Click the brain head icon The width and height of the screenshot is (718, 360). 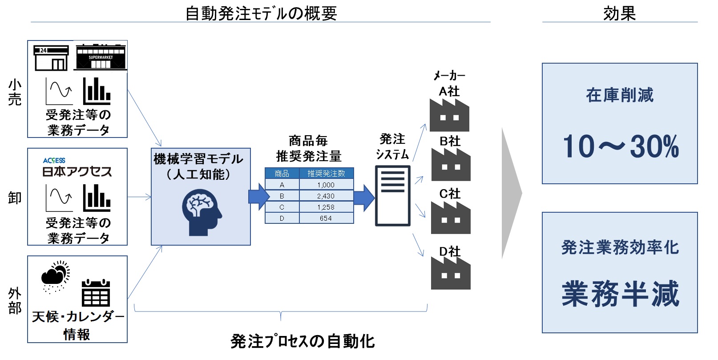[202, 212]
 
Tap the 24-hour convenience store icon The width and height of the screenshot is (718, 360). [51, 58]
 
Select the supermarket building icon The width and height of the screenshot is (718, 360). [101, 57]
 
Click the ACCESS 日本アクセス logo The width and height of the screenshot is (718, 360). [77, 167]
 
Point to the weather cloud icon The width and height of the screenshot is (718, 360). [55, 276]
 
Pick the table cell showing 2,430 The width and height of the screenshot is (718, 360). [326, 196]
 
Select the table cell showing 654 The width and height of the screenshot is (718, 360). [326, 218]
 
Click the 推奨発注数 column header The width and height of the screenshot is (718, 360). [326, 173]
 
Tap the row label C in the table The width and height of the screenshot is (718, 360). [282, 207]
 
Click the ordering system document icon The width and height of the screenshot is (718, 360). [392, 195]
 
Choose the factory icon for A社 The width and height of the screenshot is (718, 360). [449, 115]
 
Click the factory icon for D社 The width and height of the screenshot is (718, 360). [450, 273]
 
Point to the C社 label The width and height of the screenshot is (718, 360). [450, 194]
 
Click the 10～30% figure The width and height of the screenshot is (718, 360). [620, 146]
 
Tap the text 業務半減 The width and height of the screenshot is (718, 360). [620, 294]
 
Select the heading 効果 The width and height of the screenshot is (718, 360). [619, 13]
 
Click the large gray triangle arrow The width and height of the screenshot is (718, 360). [511, 194]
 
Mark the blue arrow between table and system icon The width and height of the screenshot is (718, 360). [364, 198]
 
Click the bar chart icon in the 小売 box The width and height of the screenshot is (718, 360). [97, 91]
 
